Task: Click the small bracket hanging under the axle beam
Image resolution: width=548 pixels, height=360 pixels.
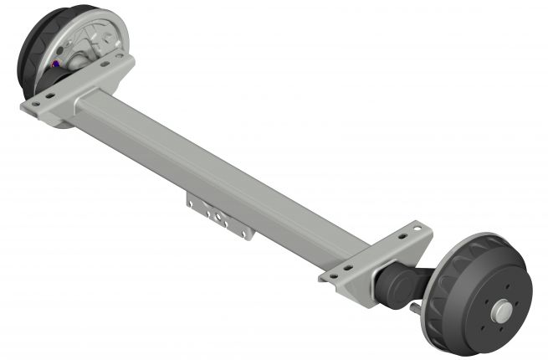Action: (219, 216)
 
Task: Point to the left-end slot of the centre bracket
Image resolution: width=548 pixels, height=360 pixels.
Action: (196, 203)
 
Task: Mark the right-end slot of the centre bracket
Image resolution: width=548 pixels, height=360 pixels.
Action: (243, 230)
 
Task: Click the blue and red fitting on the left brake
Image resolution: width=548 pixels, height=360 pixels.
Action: (56, 64)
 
